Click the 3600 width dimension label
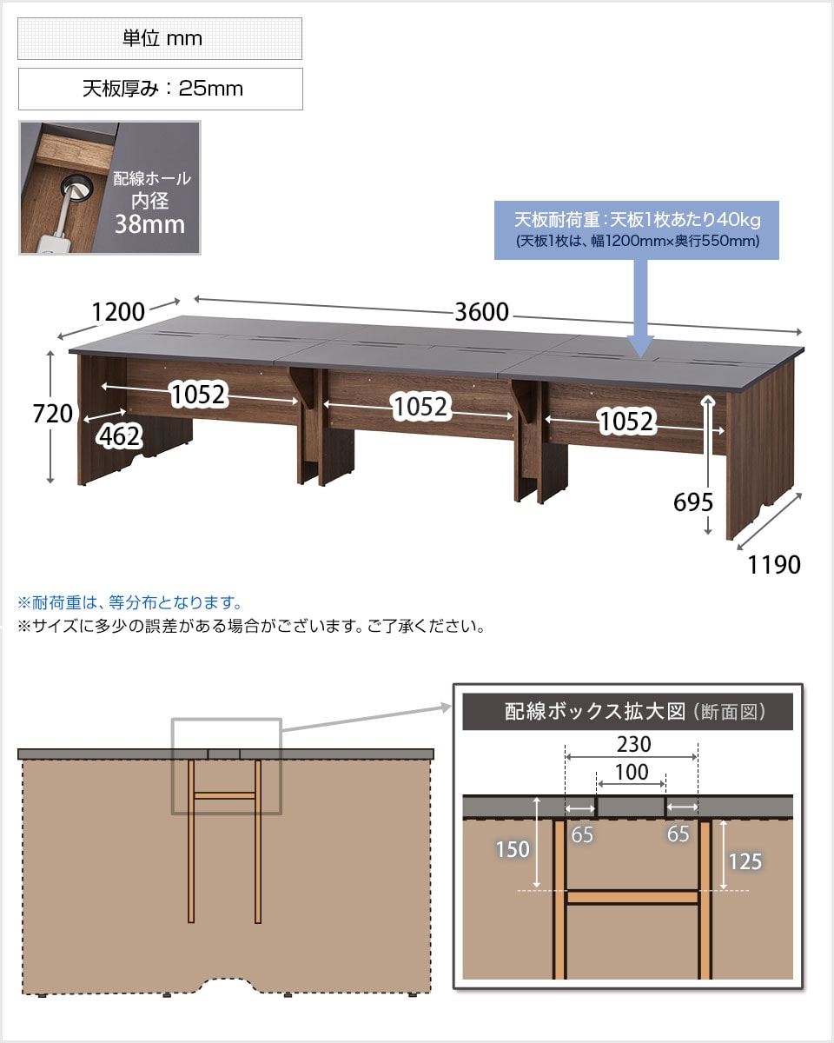coord(481,312)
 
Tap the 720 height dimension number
coord(52,414)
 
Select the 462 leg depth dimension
coord(119,435)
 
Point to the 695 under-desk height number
coord(693,502)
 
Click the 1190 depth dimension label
coord(774,565)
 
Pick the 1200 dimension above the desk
coord(118,312)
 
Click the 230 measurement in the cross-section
coord(633,744)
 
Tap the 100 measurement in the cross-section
coord(632,772)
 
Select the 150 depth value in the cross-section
coord(513,850)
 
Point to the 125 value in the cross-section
coord(745,861)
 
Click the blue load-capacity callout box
coord(636,230)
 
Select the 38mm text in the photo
coord(149,224)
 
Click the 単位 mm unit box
coord(160,39)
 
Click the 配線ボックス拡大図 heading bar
coord(627,712)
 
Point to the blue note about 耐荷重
coord(129,602)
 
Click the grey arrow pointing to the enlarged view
coord(367,718)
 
